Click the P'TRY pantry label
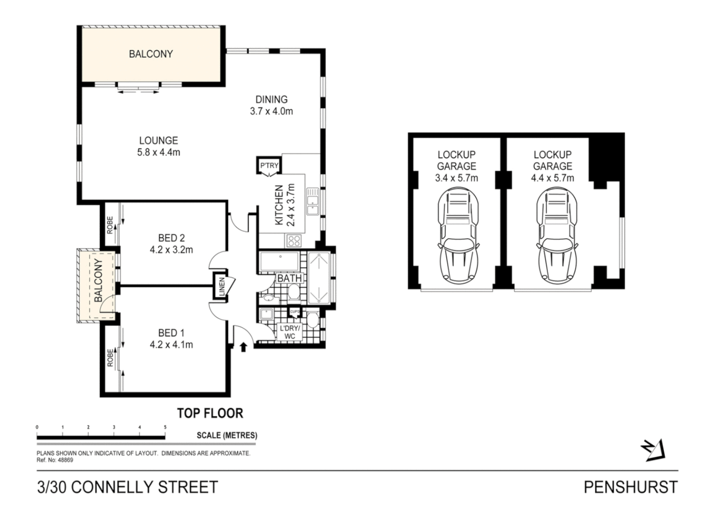pos(269,166)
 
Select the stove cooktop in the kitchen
pos(294,241)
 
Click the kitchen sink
pos(312,202)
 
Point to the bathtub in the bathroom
pos(279,262)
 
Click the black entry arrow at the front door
pos(243,347)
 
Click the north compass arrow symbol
pos(654,450)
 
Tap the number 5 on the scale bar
pos(165,427)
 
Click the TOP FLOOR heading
pos(210,413)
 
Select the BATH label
pos(290,279)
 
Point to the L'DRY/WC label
pos(290,332)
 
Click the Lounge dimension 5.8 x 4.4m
pos(158,152)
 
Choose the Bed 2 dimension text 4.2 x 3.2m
pos(171,250)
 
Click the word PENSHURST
pos(630,487)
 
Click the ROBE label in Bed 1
pos(110,357)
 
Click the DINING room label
pos(271,99)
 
